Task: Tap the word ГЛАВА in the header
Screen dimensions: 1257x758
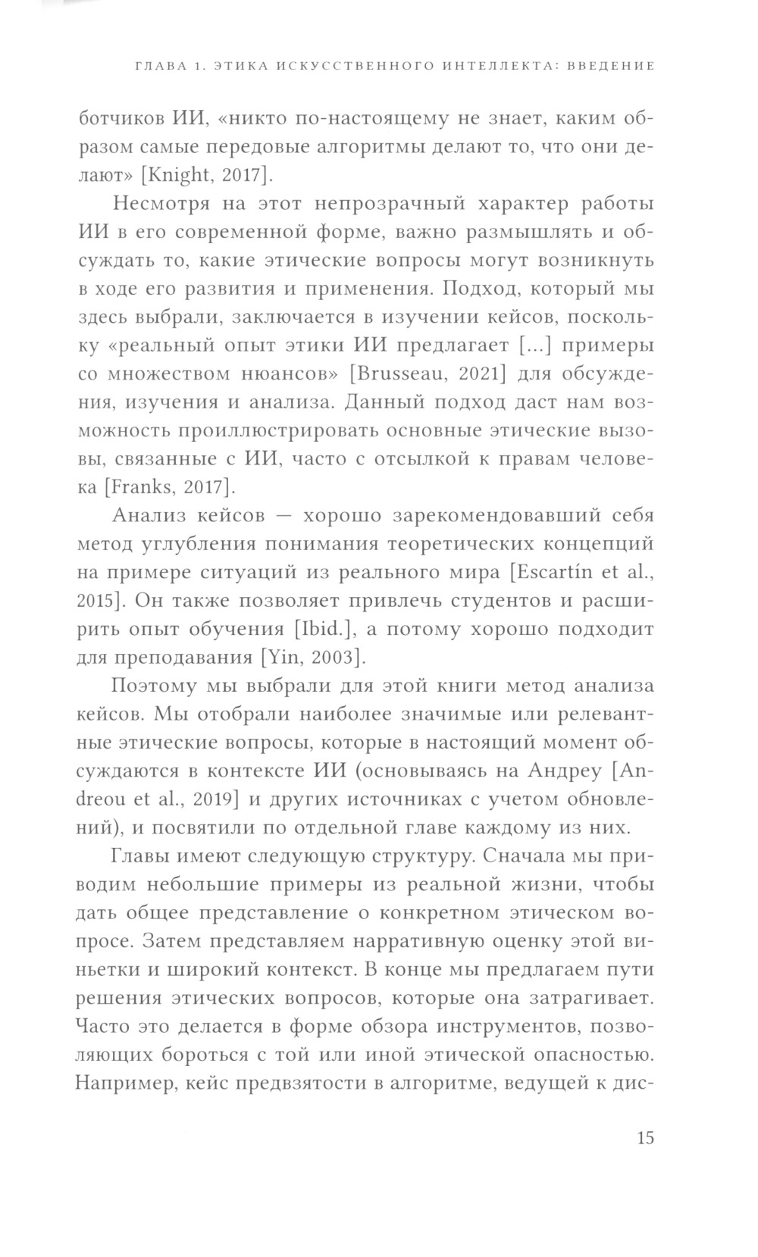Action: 159,66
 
